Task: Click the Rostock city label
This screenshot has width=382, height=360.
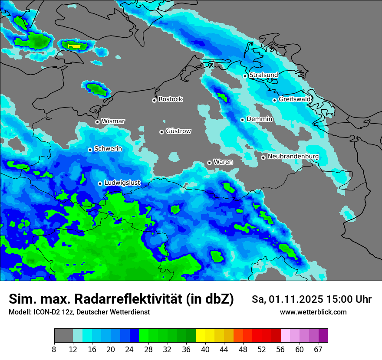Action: click(x=170, y=99)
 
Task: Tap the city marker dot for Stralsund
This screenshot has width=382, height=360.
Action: click(x=245, y=76)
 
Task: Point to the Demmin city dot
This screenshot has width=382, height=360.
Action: click(x=242, y=120)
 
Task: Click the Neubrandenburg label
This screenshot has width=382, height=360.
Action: click(x=293, y=157)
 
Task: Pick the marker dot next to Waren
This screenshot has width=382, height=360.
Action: click(x=209, y=163)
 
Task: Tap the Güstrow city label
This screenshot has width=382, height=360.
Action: click(x=178, y=131)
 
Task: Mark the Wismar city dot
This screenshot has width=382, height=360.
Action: click(x=97, y=122)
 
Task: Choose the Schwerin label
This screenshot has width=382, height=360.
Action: click(x=108, y=149)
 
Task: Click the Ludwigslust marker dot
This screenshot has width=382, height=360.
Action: click(x=100, y=183)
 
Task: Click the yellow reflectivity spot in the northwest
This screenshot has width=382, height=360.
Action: click(x=74, y=46)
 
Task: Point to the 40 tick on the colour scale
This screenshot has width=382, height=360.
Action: click(x=205, y=350)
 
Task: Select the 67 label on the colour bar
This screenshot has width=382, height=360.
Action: click(x=318, y=350)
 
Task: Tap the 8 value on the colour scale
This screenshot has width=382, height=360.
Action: click(x=54, y=350)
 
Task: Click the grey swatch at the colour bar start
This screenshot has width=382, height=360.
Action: click(x=63, y=336)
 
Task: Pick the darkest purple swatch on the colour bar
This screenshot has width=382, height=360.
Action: click(x=323, y=336)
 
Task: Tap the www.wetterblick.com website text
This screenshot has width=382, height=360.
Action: click(x=313, y=312)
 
